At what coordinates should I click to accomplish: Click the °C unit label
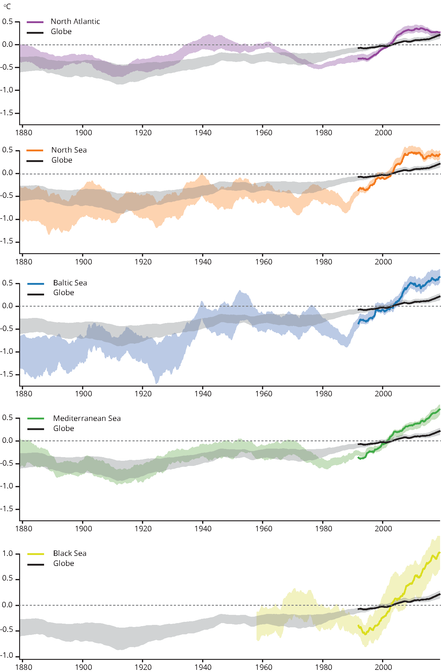click(7, 6)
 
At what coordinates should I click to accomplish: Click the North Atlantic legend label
click(75, 22)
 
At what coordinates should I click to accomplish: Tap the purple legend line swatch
click(35, 22)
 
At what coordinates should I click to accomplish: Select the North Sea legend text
click(69, 150)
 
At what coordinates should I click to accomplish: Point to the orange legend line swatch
click(35, 150)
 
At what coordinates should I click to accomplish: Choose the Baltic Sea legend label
click(70, 283)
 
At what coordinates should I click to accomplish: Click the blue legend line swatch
click(36, 284)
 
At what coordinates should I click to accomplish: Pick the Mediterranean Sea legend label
click(87, 419)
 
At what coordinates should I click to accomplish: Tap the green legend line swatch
click(36, 419)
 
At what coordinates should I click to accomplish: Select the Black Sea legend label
click(70, 553)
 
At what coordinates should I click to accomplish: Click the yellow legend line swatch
click(36, 554)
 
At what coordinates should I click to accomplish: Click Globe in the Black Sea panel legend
click(64, 563)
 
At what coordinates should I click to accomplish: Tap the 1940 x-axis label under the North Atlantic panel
click(203, 133)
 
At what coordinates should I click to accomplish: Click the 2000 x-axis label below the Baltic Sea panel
click(383, 394)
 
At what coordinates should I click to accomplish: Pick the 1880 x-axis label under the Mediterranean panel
click(23, 529)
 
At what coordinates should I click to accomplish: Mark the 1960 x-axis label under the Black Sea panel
click(264, 667)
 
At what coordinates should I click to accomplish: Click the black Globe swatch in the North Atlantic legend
click(35, 33)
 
